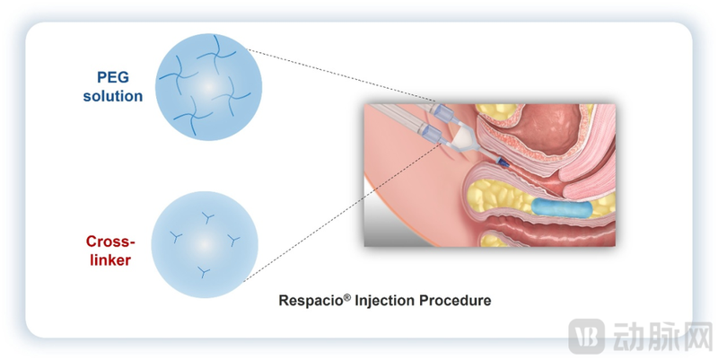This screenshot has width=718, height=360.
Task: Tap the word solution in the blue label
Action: click(x=114, y=96)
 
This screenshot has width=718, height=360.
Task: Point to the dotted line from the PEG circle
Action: click(x=341, y=77)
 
